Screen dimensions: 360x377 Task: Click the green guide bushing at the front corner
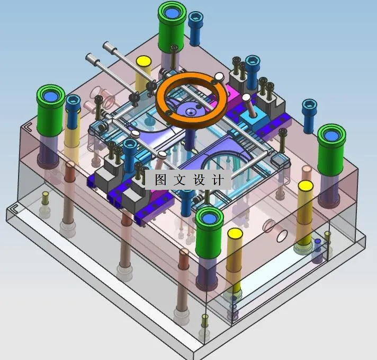tap(209, 220)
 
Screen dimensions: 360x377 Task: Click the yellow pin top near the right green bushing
tap(305, 187)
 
